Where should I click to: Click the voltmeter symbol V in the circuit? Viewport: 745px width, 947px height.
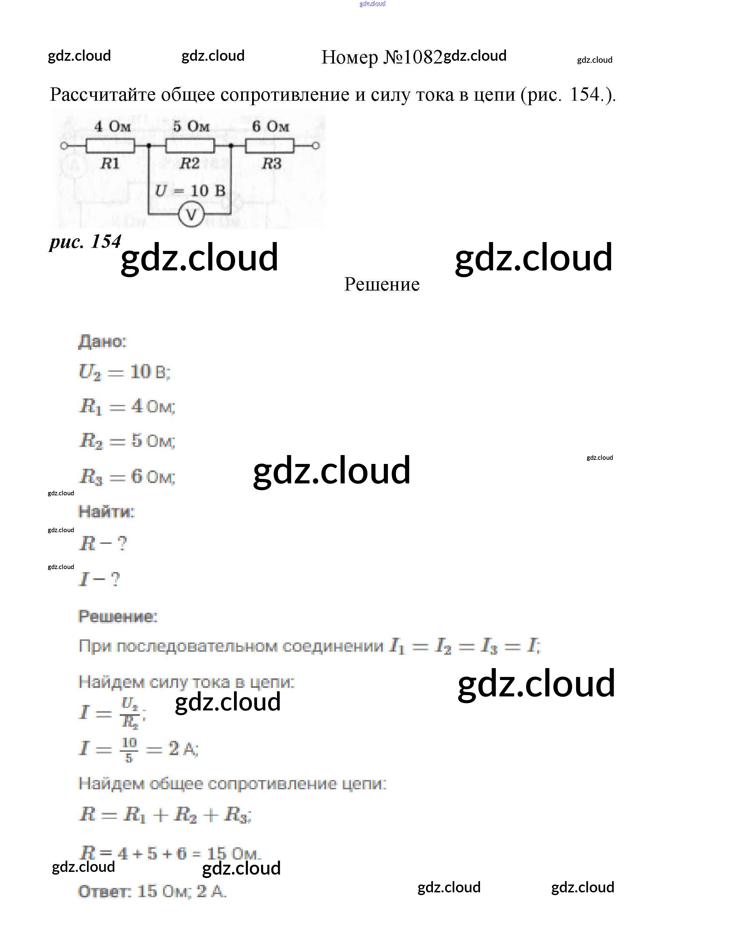tap(191, 215)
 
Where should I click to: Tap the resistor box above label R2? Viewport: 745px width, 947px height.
tap(190, 146)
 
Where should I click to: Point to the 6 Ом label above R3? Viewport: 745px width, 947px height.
tap(271, 127)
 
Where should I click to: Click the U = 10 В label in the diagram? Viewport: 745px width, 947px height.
tap(190, 191)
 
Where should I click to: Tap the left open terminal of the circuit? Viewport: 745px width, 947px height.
tap(64, 146)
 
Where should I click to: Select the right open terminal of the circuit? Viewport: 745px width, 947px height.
tap(316, 146)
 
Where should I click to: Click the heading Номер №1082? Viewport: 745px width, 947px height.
tap(382, 57)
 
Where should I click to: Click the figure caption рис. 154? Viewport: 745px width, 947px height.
tap(85, 241)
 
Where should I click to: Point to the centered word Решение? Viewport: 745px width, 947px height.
tap(382, 284)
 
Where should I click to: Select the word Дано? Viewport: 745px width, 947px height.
tap(102, 342)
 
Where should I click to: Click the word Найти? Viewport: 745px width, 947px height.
tap(106, 512)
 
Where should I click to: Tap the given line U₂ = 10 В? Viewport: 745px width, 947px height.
tap(124, 372)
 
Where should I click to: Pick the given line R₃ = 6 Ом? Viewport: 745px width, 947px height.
tap(127, 477)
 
